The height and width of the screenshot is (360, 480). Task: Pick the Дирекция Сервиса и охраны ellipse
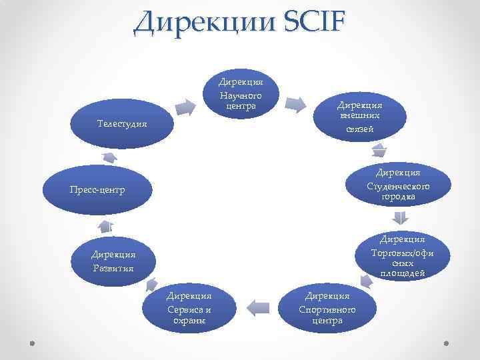(189, 306)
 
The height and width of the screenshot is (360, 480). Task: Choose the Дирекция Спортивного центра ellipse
(327, 306)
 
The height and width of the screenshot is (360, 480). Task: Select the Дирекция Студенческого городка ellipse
(397, 183)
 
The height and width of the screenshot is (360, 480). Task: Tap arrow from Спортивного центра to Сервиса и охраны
(260, 307)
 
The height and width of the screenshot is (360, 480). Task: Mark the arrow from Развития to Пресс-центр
(107, 225)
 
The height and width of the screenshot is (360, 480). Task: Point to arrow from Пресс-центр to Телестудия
(109, 157)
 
